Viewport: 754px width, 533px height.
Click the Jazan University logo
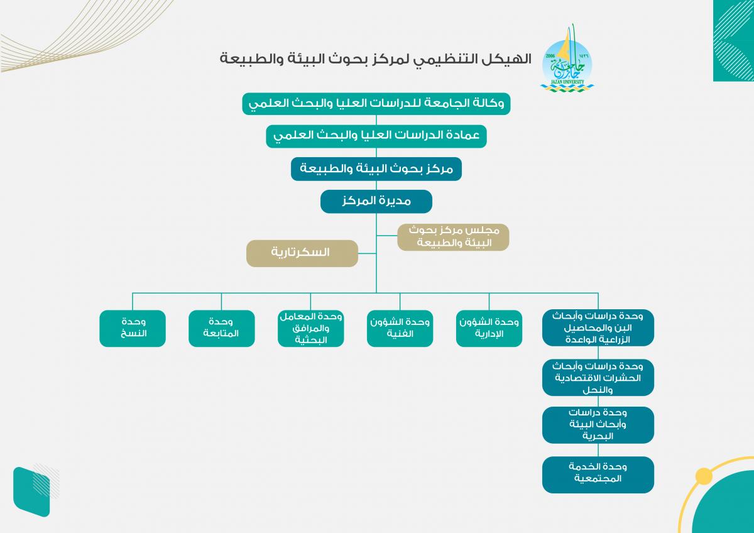(x=567, y=60)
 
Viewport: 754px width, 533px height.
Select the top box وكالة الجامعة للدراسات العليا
(x=376, y=103)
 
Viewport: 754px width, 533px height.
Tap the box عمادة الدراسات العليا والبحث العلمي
(x=376, y=136)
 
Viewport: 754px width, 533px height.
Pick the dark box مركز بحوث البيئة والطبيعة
(x=376, y=169)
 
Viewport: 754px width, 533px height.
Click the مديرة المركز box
(x=376, y=202)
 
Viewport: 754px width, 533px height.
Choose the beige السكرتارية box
(x=302, y=253)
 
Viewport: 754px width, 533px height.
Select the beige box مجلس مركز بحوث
(x=453, y=237)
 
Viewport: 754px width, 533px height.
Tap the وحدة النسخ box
(x=133, y=328)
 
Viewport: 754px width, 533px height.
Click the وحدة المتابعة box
(x=221, y=328)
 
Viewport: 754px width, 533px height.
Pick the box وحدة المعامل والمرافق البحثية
(x=310, y=328)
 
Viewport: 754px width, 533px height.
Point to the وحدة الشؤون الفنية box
(x=400, y=328)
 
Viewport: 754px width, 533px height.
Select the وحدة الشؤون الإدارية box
(x=489, y=328)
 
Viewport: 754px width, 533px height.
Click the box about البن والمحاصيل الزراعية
(x=598, y=327)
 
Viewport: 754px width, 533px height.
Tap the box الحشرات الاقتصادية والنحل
(x=598, y=377)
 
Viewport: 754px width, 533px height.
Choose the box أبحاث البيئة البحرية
(x=598, y=425)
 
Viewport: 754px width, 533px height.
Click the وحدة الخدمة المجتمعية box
(x=598, y=473)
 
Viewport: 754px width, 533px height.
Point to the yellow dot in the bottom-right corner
(x=704, y=476)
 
